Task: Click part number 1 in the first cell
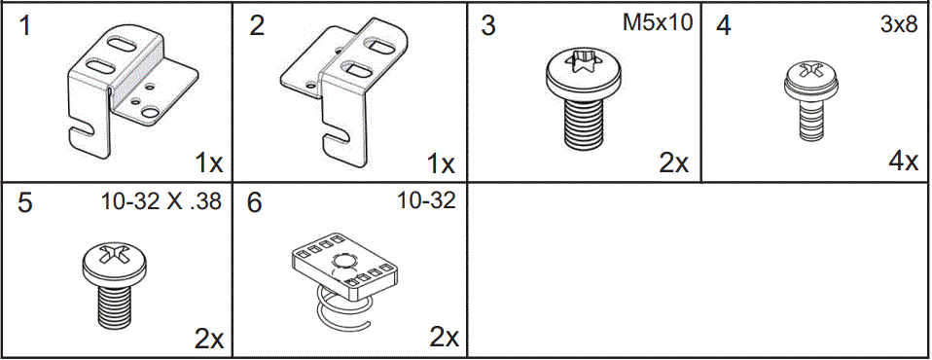point(24,25)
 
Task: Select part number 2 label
point(257,25)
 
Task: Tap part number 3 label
point(489,25)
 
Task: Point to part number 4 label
point(723,25)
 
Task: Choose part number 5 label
point(24,205)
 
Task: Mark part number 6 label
point(257,205)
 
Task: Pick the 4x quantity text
point(904,161)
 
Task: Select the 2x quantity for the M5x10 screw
point(673,162)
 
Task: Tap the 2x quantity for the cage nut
point(444,338)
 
